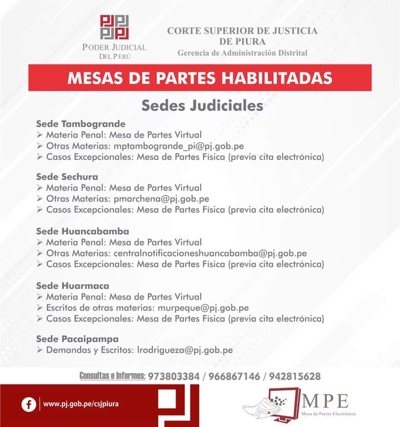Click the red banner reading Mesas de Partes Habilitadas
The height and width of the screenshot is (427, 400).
(x=200, y=78)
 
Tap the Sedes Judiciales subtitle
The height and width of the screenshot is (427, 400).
(x=202, y=105)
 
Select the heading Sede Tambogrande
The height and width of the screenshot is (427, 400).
(x=81, y=123)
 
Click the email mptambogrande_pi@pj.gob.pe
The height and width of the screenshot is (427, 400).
(x=178, y=145)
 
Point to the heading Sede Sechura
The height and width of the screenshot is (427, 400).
(x=67, y=177)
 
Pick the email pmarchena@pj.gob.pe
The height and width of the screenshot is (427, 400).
(x=161, y=198)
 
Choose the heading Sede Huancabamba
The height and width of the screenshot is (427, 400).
(x=83, y=231)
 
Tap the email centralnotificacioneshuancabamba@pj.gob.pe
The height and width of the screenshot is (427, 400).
(x=210, y=253)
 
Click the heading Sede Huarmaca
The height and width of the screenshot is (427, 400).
(x=73, y=285)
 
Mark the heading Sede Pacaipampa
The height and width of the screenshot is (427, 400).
(x=77, y=339)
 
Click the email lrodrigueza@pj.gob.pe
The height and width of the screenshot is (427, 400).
(x=185, y=350)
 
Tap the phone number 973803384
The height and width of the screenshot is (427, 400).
(x=174, y=376)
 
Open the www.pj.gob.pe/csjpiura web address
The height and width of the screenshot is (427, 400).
(x=81, y=404)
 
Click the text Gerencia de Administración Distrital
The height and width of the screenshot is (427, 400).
(x=242, y=53)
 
